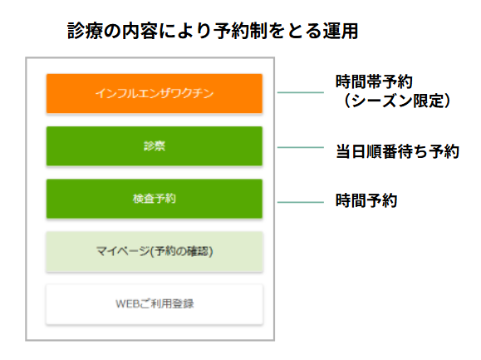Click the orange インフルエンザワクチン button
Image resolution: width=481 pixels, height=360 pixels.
point(155,94)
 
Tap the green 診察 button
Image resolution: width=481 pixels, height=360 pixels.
point(155,146)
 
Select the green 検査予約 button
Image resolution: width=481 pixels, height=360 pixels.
point(155,199)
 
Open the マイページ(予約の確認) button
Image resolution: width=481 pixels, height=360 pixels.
point(155,252)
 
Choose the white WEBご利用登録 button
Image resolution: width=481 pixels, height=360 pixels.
point(155,304)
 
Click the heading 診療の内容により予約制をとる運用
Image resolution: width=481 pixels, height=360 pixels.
point(213,31)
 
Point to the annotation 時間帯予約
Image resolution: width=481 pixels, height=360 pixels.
point(374,82)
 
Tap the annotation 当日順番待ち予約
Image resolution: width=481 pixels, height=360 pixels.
point(397,151)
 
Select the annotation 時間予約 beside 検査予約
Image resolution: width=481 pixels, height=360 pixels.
point(366,200)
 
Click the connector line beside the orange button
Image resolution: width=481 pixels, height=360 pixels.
point(301,92)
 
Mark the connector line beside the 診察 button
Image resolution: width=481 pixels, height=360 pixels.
point(301,147)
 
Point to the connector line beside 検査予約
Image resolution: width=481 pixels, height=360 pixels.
point(301,202)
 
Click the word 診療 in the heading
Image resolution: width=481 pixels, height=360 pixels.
point(86,31)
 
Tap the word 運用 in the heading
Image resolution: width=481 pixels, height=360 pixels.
point(341,31)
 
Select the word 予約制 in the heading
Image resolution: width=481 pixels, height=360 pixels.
point(240,31)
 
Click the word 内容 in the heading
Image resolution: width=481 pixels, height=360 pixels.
point(140,31)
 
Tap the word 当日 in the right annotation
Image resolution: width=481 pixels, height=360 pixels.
point(351,151)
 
